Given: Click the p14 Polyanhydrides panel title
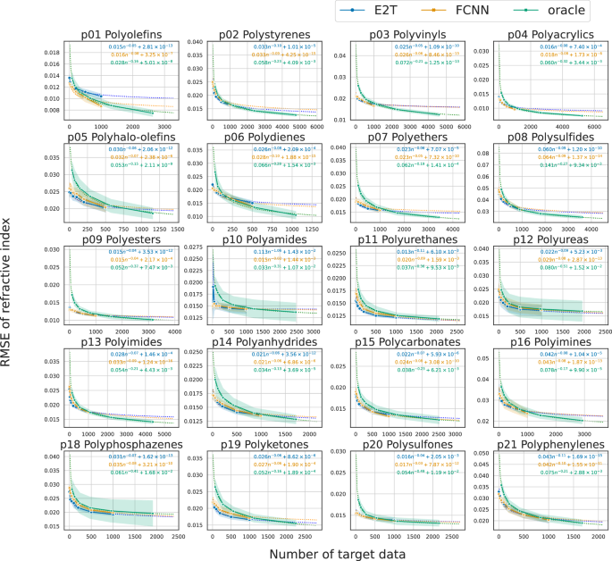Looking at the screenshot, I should (256, 341).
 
